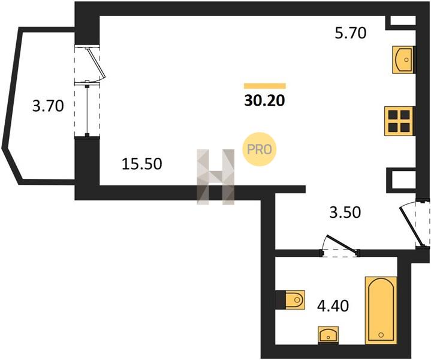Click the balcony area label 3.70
tap(48, 106)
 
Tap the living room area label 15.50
tap(142, 164)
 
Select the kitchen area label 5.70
tap(351, 34)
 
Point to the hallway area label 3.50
tap(345, 212)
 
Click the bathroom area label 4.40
tap(333, 306)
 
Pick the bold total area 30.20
tap(264, 101)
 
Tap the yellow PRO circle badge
tap(259, 149)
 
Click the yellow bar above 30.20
tap(265, 86)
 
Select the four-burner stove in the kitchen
tap(399, 121)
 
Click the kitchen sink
tap(403, 60)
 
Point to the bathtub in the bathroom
tap(381, 310)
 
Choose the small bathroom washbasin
tap(328, 334)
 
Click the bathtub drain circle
tap(381, 335)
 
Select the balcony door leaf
tap(95, 62)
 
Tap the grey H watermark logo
tap(216, 176)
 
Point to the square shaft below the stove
tap(401, 180)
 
